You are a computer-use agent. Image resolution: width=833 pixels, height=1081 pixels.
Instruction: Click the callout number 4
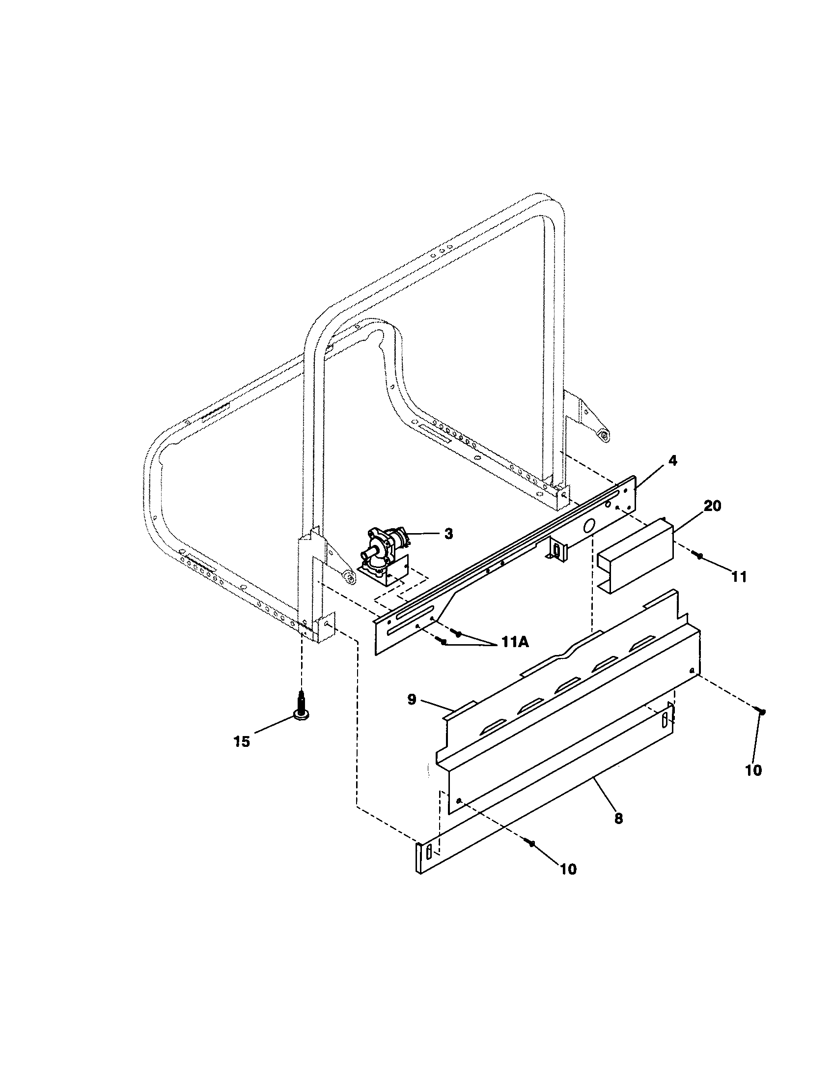point(672,461)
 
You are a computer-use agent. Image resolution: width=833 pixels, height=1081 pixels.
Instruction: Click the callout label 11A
point(515,643)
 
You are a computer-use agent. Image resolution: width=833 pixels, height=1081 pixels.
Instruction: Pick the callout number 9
point(412,700)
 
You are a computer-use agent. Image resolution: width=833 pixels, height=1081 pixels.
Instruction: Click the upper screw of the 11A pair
point(458,633)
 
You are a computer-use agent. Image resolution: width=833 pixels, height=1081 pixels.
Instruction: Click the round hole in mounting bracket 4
point(588,526)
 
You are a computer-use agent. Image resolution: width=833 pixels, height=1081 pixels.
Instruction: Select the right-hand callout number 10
point(753,770)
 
